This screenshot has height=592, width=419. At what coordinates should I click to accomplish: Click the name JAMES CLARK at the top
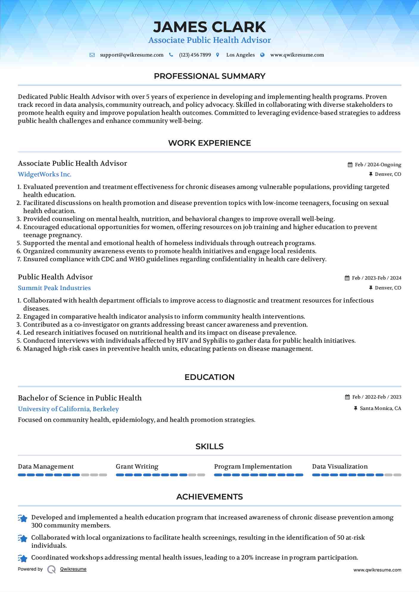click(209, 27)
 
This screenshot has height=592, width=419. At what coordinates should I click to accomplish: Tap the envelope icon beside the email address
click(92, 55)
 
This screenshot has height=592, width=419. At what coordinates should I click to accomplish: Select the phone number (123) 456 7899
click(195, 55)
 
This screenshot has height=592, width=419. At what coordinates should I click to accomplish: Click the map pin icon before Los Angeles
click(218, 55)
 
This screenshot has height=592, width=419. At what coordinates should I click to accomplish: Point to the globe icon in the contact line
click(262, 55)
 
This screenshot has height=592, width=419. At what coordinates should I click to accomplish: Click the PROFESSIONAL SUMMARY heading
click(209, 76)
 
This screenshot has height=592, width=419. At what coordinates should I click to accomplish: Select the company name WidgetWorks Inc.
click(45, 174)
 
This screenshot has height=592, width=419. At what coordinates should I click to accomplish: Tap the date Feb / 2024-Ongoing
click(378, 165)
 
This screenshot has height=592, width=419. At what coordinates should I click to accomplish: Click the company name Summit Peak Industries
click(54, 288)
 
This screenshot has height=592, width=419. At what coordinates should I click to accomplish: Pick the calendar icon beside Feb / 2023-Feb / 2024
click(347, 278)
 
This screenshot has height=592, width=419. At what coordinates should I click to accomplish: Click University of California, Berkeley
click(68, 409)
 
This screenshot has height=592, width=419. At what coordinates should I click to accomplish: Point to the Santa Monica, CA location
click(380, 408)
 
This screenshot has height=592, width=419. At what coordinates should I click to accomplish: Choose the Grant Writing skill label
click(137, 466)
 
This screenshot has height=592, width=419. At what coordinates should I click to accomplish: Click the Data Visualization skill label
click(340, 466)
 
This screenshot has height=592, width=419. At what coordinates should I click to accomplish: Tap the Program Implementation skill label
click(253, 466)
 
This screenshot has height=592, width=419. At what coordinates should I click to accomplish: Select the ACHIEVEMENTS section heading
click(209, 497)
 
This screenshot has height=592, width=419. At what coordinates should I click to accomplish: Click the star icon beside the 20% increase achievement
click(23, 558)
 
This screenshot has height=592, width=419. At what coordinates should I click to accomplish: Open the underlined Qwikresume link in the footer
click(73, 569)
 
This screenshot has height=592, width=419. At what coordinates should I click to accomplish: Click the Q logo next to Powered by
click(52, 569)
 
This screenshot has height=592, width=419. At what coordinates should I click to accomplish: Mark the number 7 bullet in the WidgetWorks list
click(19, 259)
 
